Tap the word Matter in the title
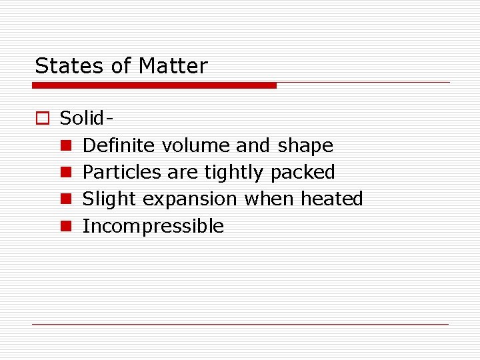(173, 66)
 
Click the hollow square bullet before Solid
(42, 119)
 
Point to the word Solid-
(85, 118)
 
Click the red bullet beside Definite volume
(66, 146)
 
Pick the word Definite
(118, 145)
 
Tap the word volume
(189, 145)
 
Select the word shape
(305, 146)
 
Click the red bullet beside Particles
(66, 173)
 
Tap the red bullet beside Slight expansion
(66, 199)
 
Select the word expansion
(190, 199)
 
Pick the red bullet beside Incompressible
(66, 226)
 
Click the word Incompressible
(153, 226)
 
